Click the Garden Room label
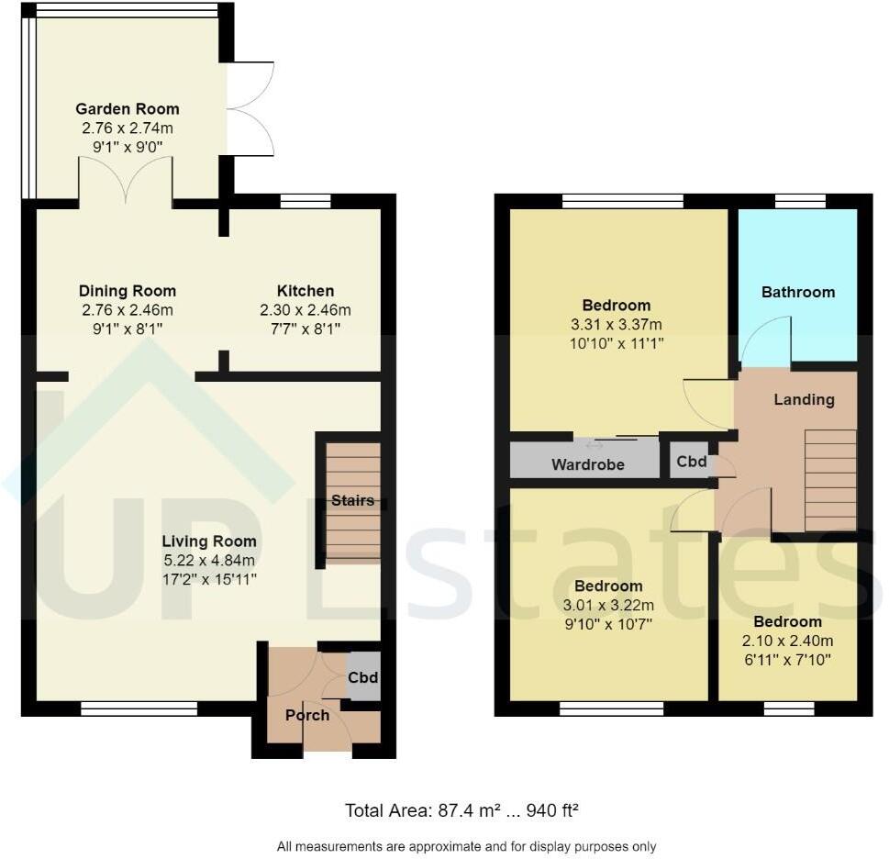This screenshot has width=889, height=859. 127,109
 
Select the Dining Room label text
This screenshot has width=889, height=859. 127,291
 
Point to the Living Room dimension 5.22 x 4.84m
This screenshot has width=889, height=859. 209,560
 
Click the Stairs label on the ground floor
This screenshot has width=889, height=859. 353,500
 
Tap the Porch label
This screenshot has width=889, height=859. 306,715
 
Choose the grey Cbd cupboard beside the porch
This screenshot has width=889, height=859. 363,678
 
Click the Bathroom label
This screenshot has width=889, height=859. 797,292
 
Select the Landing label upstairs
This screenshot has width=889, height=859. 804,399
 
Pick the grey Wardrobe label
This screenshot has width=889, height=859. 587,464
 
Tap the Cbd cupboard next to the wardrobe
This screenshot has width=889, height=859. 691,462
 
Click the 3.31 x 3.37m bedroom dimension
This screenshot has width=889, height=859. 616,324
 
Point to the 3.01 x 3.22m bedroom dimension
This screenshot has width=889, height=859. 607,605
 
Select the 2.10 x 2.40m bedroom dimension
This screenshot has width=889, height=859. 787,641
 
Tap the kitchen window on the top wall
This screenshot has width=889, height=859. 305,202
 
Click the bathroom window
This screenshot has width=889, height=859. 800,202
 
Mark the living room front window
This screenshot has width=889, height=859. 139,708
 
